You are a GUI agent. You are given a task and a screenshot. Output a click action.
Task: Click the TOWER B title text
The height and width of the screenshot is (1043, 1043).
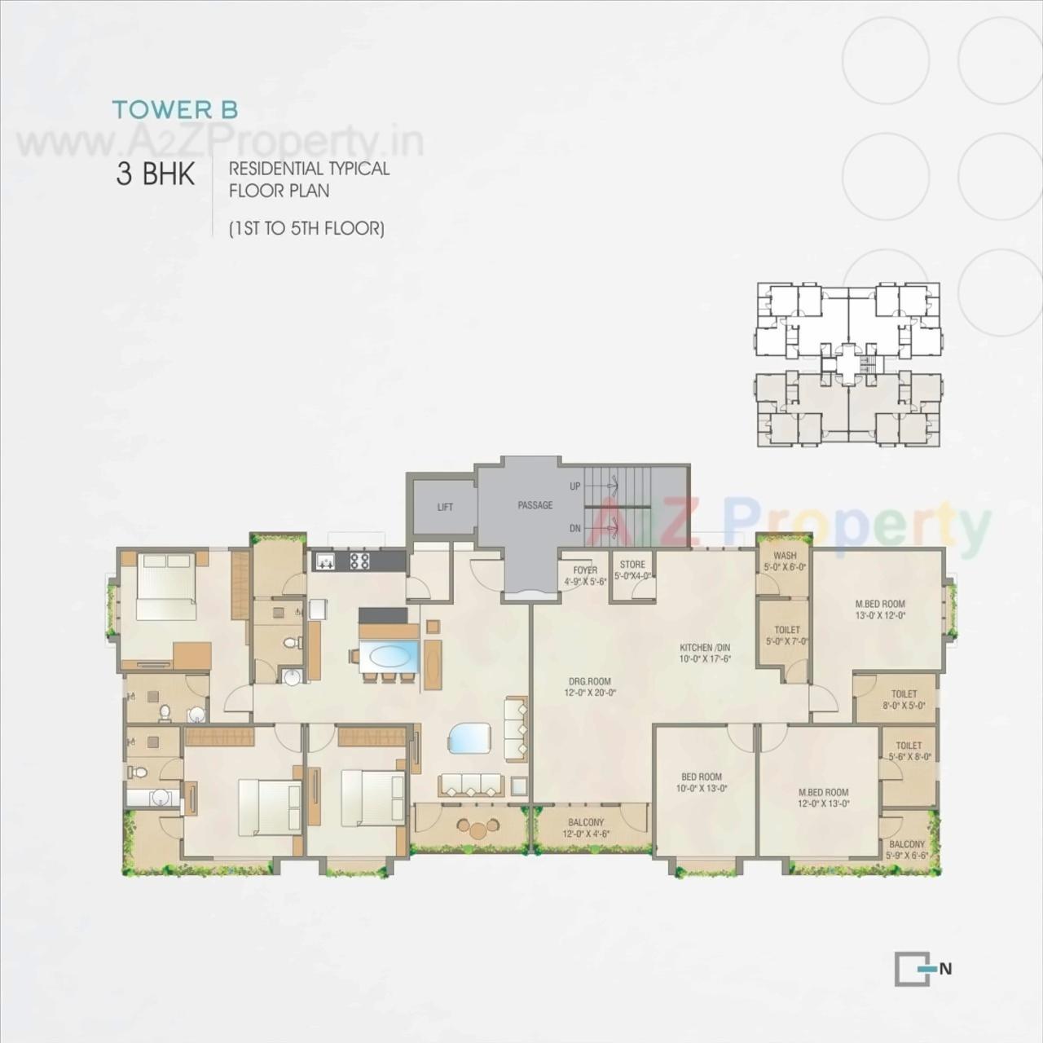[174, 109]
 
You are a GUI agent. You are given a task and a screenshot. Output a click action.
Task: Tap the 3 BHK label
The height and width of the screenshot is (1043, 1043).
[155, 174]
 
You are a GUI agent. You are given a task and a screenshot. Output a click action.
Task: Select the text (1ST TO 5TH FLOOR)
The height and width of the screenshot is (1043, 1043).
[306, 228]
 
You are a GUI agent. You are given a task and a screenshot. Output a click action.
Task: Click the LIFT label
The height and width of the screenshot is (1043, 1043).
[445, 507]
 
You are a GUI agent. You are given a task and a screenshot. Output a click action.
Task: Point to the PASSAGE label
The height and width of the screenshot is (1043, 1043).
[535, 505]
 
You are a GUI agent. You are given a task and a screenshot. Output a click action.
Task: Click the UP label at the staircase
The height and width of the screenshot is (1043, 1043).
[575, 486]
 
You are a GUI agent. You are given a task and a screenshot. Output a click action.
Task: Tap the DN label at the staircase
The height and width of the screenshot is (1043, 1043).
[575, 528]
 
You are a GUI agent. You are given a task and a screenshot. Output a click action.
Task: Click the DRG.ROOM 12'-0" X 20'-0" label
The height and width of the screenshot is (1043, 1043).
[589, 687]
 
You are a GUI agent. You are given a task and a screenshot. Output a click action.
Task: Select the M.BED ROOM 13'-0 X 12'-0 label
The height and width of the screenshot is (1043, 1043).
[880, 610]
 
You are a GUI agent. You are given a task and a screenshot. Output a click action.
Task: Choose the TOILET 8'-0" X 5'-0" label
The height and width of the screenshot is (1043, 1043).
[904, 700]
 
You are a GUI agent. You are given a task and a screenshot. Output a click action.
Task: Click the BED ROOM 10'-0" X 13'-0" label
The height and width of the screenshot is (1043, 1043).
[702, 782]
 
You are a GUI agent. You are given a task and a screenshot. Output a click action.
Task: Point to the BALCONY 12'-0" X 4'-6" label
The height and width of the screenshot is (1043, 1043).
[584, 828]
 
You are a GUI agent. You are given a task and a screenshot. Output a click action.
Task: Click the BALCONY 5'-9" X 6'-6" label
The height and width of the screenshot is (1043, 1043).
[907, 850]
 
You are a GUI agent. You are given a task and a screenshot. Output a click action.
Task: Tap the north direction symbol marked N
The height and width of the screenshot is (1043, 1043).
[922, 969]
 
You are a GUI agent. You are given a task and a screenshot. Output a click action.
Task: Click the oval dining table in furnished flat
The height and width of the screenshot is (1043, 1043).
[391, 656]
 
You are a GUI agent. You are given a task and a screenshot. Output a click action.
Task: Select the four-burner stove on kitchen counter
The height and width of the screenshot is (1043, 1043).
[359, 561]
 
